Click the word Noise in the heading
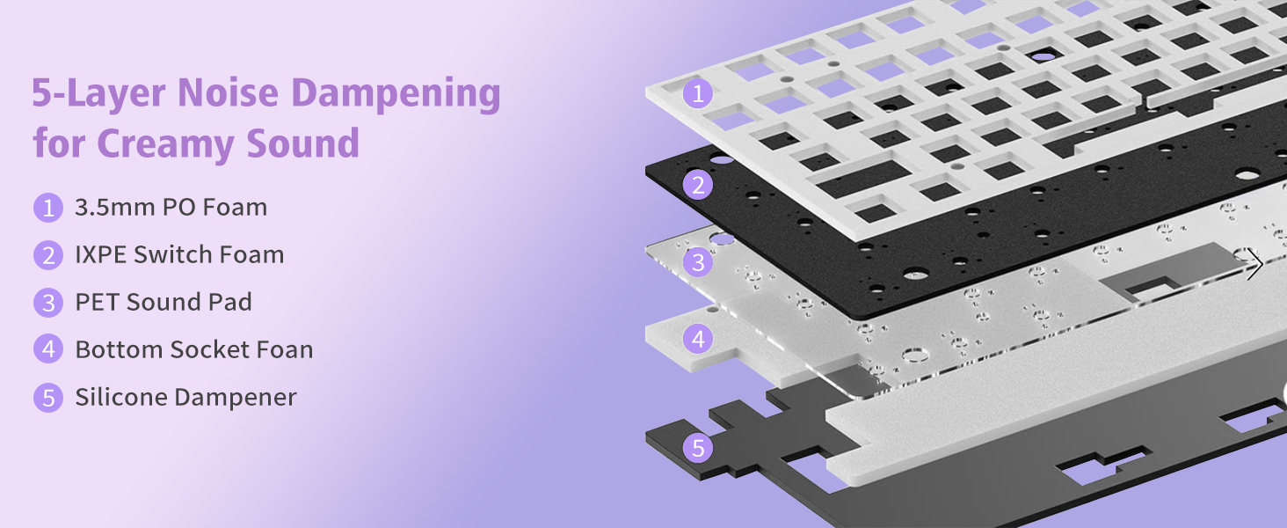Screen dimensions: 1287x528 [229, 92]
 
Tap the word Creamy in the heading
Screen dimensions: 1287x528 [165, 143]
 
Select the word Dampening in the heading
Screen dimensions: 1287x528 [396, 94]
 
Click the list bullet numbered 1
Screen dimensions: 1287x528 [48, 208]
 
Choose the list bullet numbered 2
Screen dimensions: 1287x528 [48, 255]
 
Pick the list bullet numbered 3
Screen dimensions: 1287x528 [48, 303]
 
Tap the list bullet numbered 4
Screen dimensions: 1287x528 [48, 349]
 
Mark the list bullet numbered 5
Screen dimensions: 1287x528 [48, 398]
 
